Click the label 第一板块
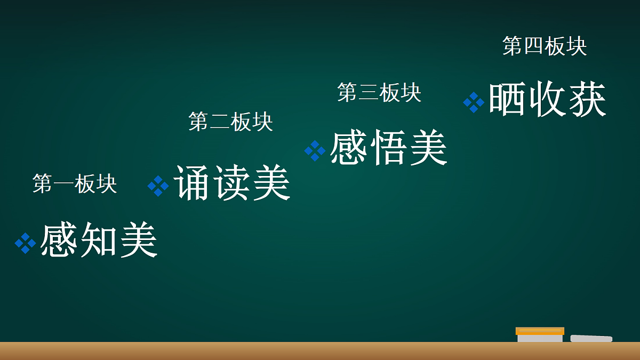(x=75, y=183)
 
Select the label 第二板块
(x=230, y=122)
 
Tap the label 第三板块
(x=379, y=93)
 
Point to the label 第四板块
(x=545, y=46)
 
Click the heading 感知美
(x=99, y=241)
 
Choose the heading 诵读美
(x=232, y=183)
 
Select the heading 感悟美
(x=388, y=148)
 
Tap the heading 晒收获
(x=547, y=100)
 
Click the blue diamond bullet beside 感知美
(x=25, y=243)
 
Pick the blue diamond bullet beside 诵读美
(x=158, y=186)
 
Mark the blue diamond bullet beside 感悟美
(x=315, y=150)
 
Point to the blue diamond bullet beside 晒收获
(x=474, y=102)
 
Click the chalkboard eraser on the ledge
(x=540, y=335)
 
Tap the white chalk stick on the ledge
(x=591, y=338)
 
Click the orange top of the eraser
(x=540, y=331)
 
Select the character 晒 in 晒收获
(x=508, y=100)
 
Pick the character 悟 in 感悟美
(x=388, y=148)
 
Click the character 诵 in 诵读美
(x=193, y=183)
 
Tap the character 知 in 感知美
(x=99, y=241)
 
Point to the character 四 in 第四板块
(x=534, y=46)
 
